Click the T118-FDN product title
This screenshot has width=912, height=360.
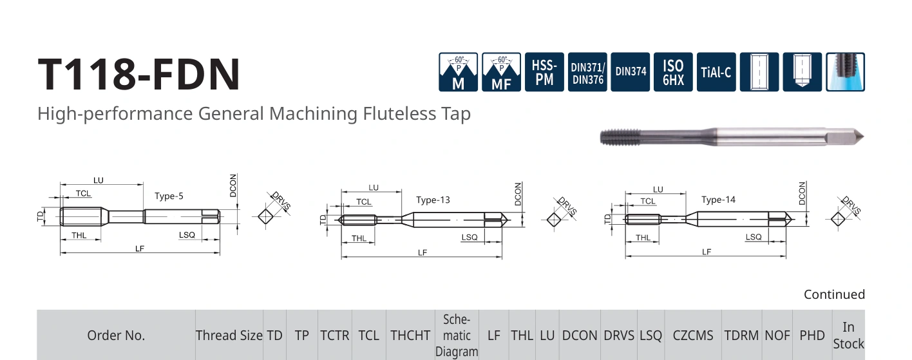click(x=139, y=74)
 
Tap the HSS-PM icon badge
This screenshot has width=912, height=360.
click(x=544, y=72)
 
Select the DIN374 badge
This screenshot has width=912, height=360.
click(x=631, y=72)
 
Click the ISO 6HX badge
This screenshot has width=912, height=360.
click(x=674, y=72)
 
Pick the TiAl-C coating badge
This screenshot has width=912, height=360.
click(x=716, y=72)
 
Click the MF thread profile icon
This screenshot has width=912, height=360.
click(x=501, y=72)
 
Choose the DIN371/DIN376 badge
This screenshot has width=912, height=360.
click(x=587, y=72)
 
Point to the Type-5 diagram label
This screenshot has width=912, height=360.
click(x=169, y=196)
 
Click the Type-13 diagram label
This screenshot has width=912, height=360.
click(x=433, y=200)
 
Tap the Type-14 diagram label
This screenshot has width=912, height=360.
click(x=718, y=200)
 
